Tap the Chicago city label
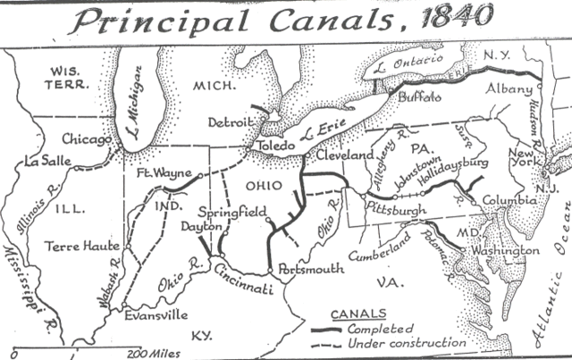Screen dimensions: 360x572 [87, 139]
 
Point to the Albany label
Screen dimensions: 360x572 [509, 89]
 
